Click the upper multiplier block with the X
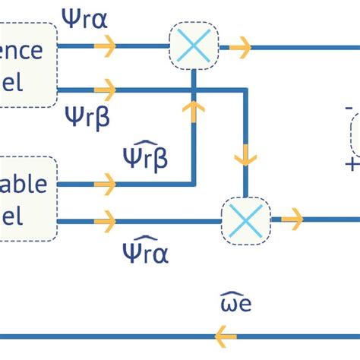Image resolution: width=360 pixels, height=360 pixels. coord(194,46)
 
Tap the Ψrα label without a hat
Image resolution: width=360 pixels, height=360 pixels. coord(85,17)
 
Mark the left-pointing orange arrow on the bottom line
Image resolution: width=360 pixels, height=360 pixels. coord(226,335)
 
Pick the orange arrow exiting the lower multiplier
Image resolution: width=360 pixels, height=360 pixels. coord(292,220)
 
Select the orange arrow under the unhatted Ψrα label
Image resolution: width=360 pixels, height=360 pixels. coord(106,47)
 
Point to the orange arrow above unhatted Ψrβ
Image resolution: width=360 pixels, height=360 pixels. coord(106,90)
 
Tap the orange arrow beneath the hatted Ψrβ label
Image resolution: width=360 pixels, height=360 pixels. coord(106,184)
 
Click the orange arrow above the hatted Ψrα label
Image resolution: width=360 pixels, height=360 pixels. coord(106,221)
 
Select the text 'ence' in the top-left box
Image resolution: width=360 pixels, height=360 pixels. coord(26,52)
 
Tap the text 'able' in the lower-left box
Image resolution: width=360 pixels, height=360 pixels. coord(24,185)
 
